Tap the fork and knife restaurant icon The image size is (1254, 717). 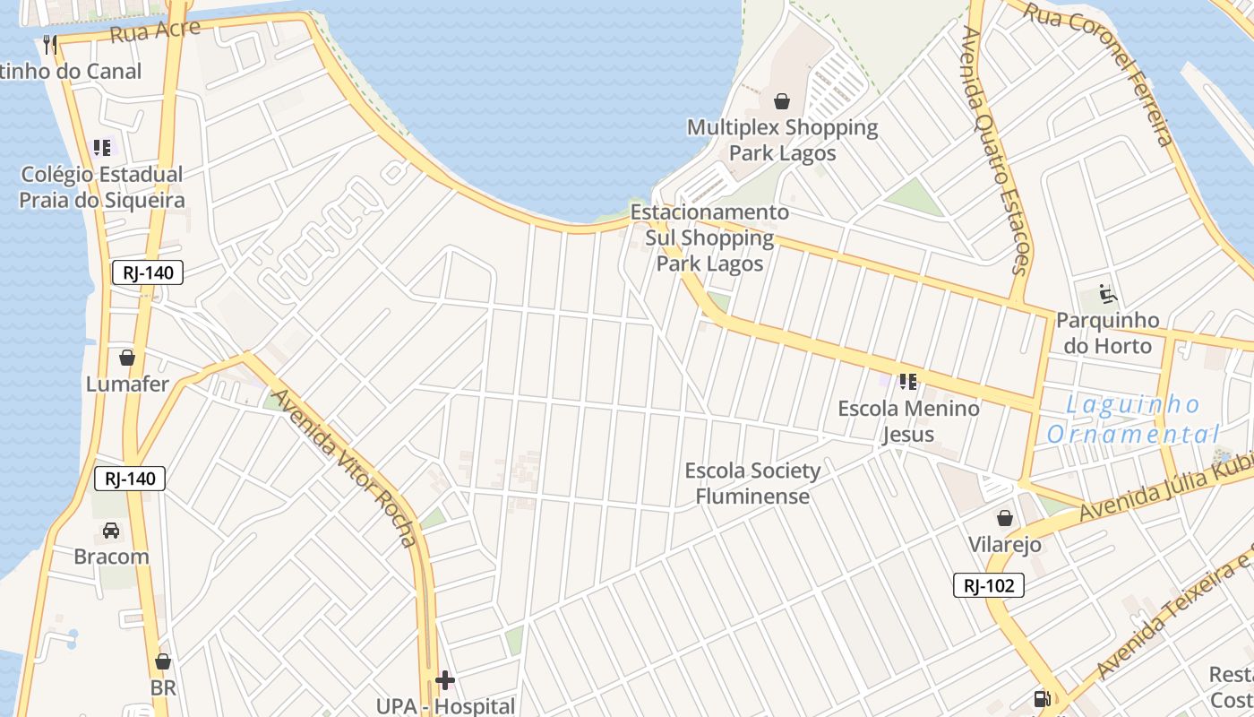point(50,44)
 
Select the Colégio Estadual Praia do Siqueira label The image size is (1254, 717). point(102,187)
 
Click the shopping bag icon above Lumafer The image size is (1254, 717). point(127,358)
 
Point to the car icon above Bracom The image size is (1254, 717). point(111,530)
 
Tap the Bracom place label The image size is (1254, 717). point(111,557)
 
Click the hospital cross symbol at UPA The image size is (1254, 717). point(445,680)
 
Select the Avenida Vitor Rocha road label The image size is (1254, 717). point(345,467)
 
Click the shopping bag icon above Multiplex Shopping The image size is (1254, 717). point(782,101)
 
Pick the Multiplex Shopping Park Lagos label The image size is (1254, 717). point(782,140)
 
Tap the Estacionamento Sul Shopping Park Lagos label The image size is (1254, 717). point(710,238)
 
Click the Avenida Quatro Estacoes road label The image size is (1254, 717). point(995,150)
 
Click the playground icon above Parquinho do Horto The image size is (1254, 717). point(1108,293)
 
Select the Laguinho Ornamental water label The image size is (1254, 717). point(1133,419)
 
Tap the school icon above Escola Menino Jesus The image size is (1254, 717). point(908,382)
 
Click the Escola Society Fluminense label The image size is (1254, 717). point(752,483)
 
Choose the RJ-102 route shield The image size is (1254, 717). point(988,585)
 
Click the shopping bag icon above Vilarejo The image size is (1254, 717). point(1005,518)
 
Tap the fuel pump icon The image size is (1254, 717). point(1042,698)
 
